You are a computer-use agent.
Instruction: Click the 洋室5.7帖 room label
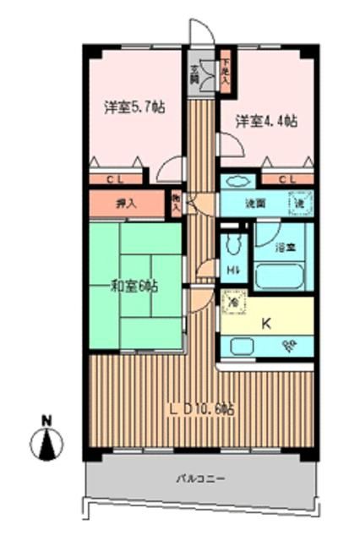point(134,107)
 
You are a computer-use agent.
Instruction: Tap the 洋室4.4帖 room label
point(267,122)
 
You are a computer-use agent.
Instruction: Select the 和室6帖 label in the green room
point(134,287)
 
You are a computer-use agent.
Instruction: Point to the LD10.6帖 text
point(201,408)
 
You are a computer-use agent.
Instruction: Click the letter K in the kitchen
point(265,322)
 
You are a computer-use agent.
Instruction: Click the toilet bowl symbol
point(233,246)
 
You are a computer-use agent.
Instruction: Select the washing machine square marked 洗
point(301,204)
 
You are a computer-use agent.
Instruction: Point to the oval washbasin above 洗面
point(237,181)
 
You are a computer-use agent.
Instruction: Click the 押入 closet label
point(126,204)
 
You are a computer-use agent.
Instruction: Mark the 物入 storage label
point(177,202)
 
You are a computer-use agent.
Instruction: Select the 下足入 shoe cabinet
point(226,68)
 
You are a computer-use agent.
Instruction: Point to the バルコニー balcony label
point(200,478)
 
